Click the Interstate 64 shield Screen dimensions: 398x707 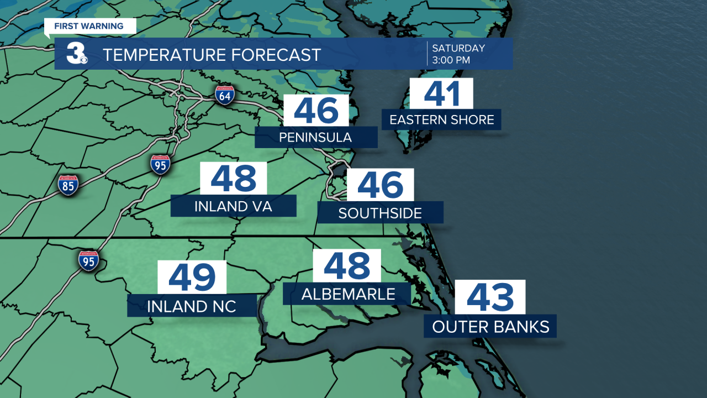pos(225,95)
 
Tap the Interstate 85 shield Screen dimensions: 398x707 pos(68,185)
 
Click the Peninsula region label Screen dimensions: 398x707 pos(315,137)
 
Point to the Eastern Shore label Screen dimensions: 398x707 pos(442,119)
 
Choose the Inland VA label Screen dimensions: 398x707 pos(233,206)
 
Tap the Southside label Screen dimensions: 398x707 pos(380,213)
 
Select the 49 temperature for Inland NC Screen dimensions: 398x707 pos(192,277)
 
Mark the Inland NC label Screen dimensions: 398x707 pos(192,306)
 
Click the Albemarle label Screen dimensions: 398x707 pos(348,294)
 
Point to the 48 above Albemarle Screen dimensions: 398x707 pos(347,265)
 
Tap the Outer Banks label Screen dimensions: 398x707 pos(490,326)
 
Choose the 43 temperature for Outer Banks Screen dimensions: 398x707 pos(490,297)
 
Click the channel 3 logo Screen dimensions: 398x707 pos(76,54)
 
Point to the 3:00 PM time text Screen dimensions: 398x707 pos(451,60)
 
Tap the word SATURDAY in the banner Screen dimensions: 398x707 pos(458,48)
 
